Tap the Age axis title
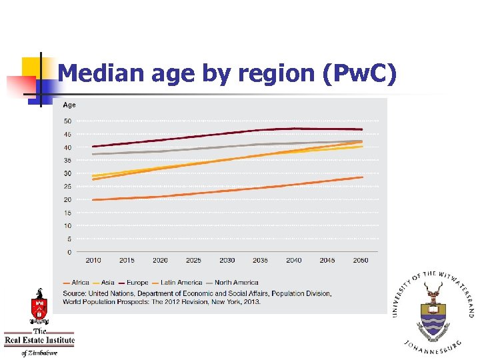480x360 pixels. [x=69, y=105]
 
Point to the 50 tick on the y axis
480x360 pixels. [x=67, y=121]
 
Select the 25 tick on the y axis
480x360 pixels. [x=67, y=187]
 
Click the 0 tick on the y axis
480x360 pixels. [x=69, y=252]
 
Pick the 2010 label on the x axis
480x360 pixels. [x=93, y=261]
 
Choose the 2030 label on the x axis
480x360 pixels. [x=227, y=261]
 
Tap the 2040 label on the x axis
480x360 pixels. [x=293, y=261]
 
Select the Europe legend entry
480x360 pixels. [x=136, y=283]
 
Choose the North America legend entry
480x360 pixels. [x=236, y=283]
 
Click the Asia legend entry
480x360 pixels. [x=107, y=283]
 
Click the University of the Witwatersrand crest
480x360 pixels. [x=435, y=310]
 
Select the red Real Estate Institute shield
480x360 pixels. [x=39, y=309]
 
